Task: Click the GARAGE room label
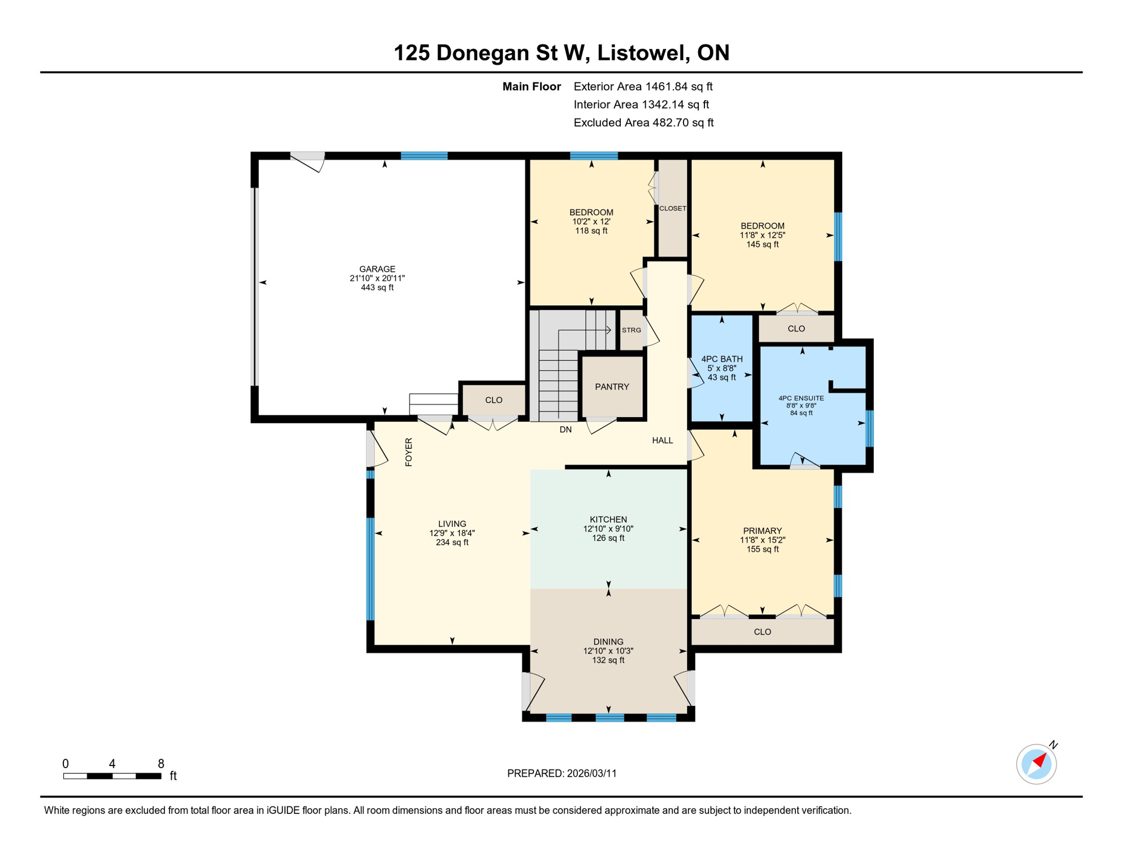377,269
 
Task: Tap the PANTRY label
612,387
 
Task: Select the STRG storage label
631,330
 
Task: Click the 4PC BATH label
721,359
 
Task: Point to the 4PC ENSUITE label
801,398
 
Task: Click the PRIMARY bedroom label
762,531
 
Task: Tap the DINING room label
608,642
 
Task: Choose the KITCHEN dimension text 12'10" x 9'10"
608,529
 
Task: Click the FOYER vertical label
409,452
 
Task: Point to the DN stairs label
565,430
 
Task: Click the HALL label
662,440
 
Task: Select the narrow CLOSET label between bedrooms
672,208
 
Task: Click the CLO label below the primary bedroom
762,632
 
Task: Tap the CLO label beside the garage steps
494,400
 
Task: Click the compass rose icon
1036,764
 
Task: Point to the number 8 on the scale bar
161,764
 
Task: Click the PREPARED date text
561,773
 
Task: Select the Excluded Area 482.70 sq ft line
643,122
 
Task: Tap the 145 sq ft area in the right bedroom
762,244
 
